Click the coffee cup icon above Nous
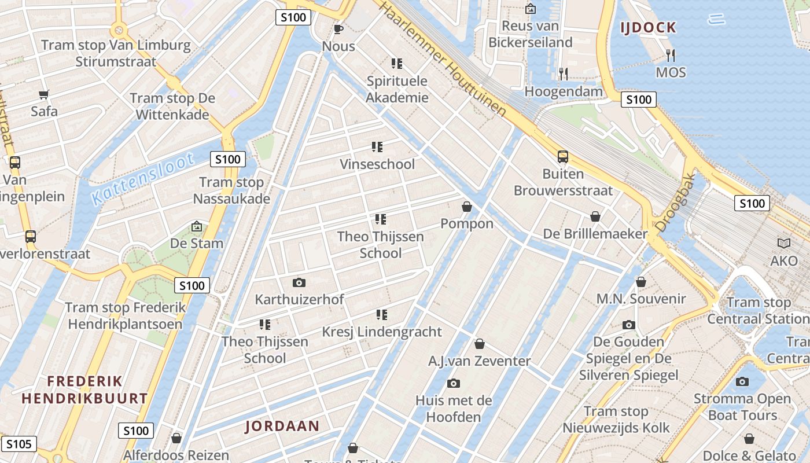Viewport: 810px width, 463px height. [338, 29]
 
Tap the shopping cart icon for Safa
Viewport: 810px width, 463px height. [44, 94]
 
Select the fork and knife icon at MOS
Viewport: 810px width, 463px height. [671, 56]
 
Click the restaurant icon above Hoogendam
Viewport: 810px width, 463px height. [563, 74]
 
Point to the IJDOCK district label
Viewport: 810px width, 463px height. [648, 27]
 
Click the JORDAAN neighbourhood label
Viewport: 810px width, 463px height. [282, 427]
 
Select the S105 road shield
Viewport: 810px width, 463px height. [19, 444]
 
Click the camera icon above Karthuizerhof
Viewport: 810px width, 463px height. [299, 282]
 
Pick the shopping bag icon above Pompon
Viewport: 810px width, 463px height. [467, 207]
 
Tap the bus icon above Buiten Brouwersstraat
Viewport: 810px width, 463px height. [562, 156]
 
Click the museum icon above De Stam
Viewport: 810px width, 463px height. [197, 226]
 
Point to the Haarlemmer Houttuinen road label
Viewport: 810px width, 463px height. [445, 58]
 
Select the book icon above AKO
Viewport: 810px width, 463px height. [784, 244]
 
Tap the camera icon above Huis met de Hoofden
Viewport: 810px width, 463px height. [454, 383]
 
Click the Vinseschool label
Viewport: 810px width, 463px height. [377, 164]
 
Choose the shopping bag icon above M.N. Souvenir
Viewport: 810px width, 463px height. [641, 282]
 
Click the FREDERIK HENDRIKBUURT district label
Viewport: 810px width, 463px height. [84, 389]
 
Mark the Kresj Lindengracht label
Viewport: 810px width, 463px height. [382, 332]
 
